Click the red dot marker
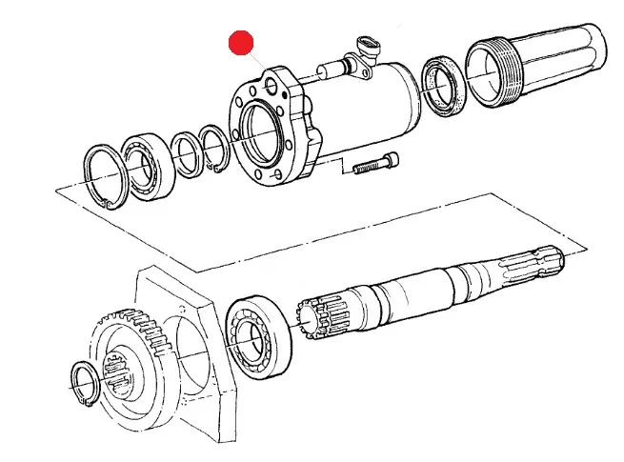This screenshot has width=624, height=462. coord(241,43)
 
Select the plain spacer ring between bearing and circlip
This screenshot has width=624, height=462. coord(187,155)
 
